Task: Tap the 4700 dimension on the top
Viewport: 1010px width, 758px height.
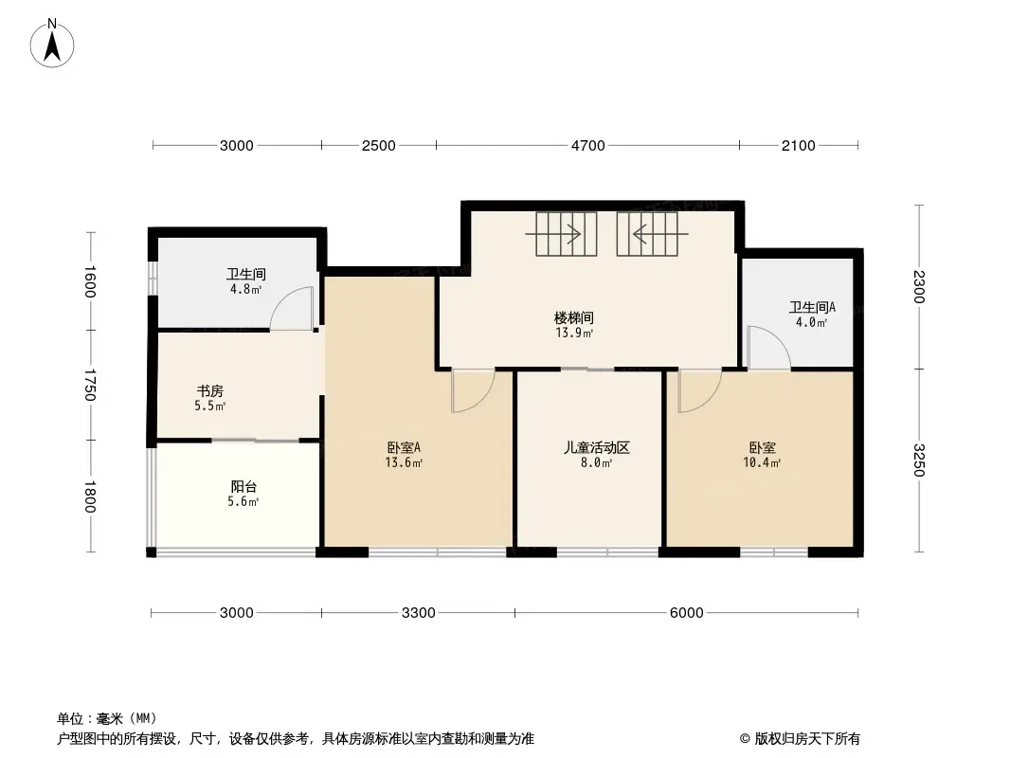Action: (588, 146)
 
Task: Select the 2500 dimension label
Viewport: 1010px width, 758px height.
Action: (378, 146)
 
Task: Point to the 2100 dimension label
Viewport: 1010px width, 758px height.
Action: (798, 146)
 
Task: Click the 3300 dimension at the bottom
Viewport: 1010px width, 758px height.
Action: (418, 612)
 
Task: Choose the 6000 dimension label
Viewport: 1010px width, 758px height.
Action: (686, 612)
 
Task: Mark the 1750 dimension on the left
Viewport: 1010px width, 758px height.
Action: (90, 385)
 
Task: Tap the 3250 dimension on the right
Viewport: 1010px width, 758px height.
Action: (919, 460)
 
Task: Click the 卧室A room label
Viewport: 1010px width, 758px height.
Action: (404, 447)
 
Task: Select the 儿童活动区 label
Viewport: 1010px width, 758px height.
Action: (597, 447)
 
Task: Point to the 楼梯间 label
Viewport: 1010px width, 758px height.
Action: (574, 317)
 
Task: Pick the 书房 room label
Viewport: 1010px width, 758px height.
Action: (210, 391)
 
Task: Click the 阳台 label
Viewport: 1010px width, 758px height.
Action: (243, 487)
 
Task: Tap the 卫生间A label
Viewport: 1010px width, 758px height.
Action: (812, 307)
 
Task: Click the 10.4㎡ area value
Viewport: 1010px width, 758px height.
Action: (762, 462)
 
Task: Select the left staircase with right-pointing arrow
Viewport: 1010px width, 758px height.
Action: (561, 234)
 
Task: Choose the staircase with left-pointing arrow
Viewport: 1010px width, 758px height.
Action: (652, 234)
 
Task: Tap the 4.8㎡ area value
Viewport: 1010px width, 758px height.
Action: (246, 289)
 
